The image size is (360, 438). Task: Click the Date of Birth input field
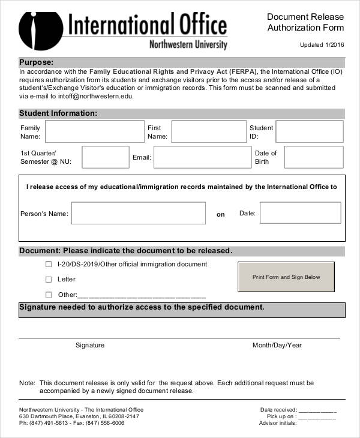pos(313,157)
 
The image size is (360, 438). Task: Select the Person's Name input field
pos(139,213)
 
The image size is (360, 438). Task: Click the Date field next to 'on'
pos(300,213)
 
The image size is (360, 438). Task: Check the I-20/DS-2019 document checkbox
pos(49,264)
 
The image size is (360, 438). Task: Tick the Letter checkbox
pos(49,279)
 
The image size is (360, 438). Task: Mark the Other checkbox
pos(49,295)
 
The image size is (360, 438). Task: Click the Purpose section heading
pos(37,62)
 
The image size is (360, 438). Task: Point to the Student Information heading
pos(58,113)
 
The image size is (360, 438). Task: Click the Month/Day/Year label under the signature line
pos(277,345)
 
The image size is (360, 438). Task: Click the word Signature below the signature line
pos(90,345)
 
